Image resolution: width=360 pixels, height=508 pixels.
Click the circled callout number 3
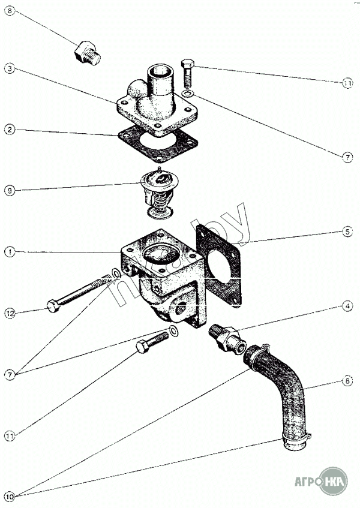(x=8, y=68)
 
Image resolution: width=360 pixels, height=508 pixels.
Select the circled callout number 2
(x=8, y=129)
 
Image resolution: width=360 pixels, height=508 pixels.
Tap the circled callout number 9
(x=8, y=191)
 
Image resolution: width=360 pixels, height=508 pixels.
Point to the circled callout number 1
(x=8, y=252)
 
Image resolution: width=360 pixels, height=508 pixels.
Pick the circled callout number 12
(x=8, y=312)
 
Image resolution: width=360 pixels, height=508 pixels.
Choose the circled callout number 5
(x=347, y=230)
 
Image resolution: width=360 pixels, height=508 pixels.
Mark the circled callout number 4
(x=347, y=306)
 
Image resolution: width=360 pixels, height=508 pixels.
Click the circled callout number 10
(x=8, y=496)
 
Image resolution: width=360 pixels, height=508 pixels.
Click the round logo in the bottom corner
(x=333, y=480)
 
